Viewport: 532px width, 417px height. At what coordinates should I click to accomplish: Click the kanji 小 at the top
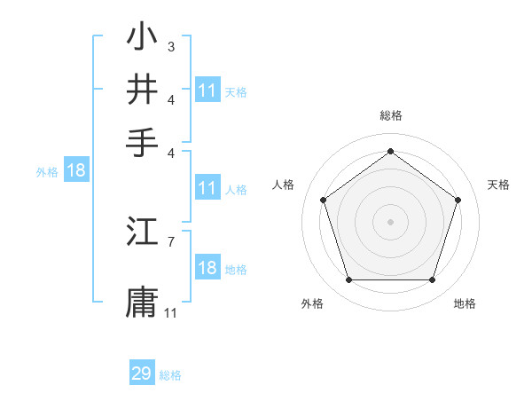(x=142, y=38)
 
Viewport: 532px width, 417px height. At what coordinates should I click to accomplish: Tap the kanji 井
(x=142, y=90)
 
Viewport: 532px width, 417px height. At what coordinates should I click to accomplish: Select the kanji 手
(x=142, y=141)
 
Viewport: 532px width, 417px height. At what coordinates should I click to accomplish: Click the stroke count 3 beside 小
(x=171, y=46)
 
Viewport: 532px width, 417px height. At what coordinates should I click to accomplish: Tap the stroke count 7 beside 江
(x=171, y=240)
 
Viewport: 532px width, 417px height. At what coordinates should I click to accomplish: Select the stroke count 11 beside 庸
(x=171, y=312)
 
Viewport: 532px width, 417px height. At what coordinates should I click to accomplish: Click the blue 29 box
(x=142, y=374)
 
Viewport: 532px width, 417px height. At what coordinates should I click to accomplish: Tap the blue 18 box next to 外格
(x=76, y=171)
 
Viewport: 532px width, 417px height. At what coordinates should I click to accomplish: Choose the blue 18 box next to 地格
(x=207, y=269)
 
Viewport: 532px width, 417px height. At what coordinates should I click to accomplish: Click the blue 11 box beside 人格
(x=207, y=188)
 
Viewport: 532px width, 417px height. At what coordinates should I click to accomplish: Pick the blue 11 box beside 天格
(x=207, y=90)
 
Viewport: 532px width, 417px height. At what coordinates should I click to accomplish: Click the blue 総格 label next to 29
(x=170, y=375)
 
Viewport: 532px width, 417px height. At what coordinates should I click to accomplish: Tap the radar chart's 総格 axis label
(x=390, y=115)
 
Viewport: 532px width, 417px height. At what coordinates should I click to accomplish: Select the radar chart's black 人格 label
(x=284, y=185)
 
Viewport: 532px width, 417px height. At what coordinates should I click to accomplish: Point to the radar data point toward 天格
(x=458, y=200)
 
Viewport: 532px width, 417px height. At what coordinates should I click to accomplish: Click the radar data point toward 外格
(x=348, y=280)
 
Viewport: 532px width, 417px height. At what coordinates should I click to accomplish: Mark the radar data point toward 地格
(x=432, y=280)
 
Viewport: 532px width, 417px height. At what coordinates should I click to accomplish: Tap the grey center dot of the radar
(x=390, y=222)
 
